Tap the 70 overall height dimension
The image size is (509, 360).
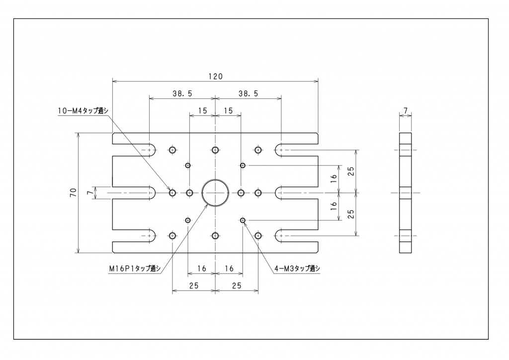pos(73,192)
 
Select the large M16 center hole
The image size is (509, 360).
pos(215,192)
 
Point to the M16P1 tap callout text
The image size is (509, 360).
pos(135,269)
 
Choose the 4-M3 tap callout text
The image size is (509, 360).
pos(297,269)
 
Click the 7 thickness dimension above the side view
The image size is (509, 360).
pos(406,109)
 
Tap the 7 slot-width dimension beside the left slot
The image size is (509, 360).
pos(90,192)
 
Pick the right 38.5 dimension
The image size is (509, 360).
pos(248,93)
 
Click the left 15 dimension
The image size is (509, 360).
pos(202,111)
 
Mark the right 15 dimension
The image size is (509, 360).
pos(228,111)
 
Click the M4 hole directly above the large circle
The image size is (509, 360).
pos(215,150)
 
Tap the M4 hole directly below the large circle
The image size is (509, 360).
pos(215,235)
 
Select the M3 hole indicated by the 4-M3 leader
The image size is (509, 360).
pos(243,220)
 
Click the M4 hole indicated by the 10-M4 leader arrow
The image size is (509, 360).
pos(172,192)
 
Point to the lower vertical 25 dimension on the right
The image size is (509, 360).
pos(351,214)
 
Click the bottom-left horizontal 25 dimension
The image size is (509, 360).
pos(194,285)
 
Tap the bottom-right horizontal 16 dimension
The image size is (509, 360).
pos(229,269)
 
